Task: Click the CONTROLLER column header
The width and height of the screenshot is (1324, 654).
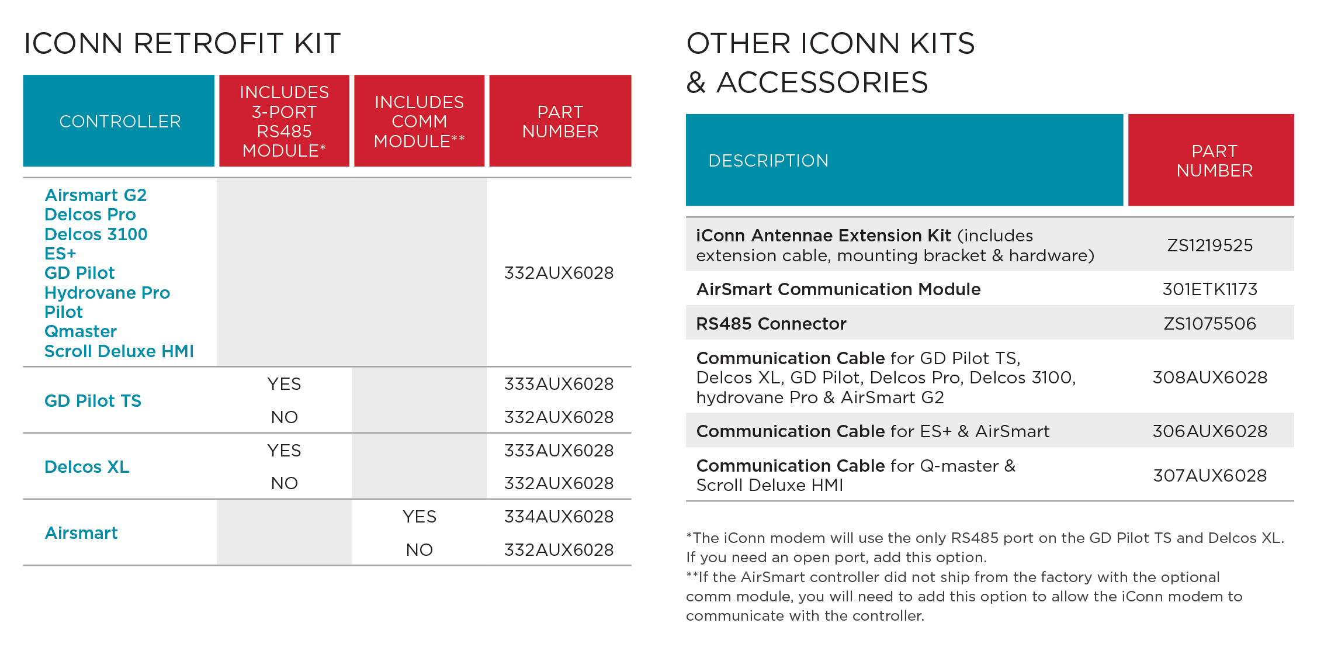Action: pyautogui.click(x=120, y=122)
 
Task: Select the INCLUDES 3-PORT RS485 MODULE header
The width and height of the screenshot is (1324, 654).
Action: pyautogui.click(x=285, y=122)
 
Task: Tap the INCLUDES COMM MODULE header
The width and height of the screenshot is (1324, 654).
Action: pyautogui.click(x=419, y=122)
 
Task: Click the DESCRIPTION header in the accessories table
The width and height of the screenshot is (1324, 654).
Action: pyautogui.click(x=768, y=161)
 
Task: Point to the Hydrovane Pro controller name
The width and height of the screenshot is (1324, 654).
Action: pyautogui.click(x=107, y=293)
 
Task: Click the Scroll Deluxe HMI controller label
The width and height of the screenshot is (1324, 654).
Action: pyautogui.click(x=119, y=351)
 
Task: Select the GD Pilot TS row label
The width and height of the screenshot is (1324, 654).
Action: pyautogui.click(x=93, y=401)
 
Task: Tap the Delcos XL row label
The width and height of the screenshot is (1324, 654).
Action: pyautogui.click(x=87, y=467)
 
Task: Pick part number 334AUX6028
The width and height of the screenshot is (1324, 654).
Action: pyautogui.click(x=559, y=517)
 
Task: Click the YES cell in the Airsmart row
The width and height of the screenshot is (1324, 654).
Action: pyautogui.click(x=419, y=517)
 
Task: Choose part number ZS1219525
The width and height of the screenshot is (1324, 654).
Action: pyautogui.click(x=1209, y=245)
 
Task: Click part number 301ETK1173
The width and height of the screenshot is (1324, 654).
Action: pyautogui.click(x=1209, y=289)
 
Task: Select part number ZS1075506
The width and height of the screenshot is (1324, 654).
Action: pyautogui.click(x=1209, y=324)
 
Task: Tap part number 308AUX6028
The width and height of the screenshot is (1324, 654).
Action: pyautogui.click(x=1209, y=378)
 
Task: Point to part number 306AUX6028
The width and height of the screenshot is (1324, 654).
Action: pyautogui.click(x=1209, y=431)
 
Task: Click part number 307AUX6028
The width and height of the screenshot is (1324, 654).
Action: pyautogui.click(x=1209, y=476)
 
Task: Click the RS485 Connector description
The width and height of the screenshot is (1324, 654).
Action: pyautogui.click(x=771, y=324)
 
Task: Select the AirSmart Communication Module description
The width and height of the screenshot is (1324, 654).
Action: pyautogui.click(x=838, y=289)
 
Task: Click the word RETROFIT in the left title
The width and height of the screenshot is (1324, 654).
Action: pyautogui.click(x=209, y=44)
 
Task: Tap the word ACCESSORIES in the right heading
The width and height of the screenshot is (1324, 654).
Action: pyautogui.click(x=822, y=82)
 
